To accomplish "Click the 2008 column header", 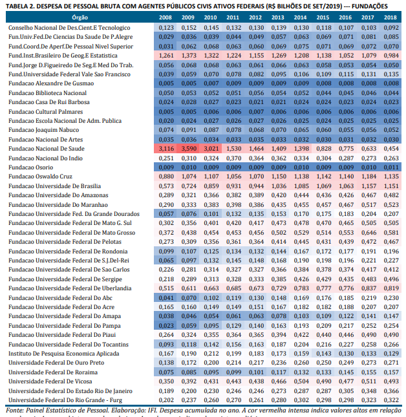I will click(166, 18).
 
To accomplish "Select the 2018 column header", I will click(390, 18).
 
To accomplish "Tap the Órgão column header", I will click(81, 18).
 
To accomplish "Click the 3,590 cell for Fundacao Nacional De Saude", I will click(188, 149).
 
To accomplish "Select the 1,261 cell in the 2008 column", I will click(166, 56).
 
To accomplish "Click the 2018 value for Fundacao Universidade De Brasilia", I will click(390, 186).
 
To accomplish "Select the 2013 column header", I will click(278, 18).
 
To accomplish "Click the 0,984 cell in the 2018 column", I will click(390, 56).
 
